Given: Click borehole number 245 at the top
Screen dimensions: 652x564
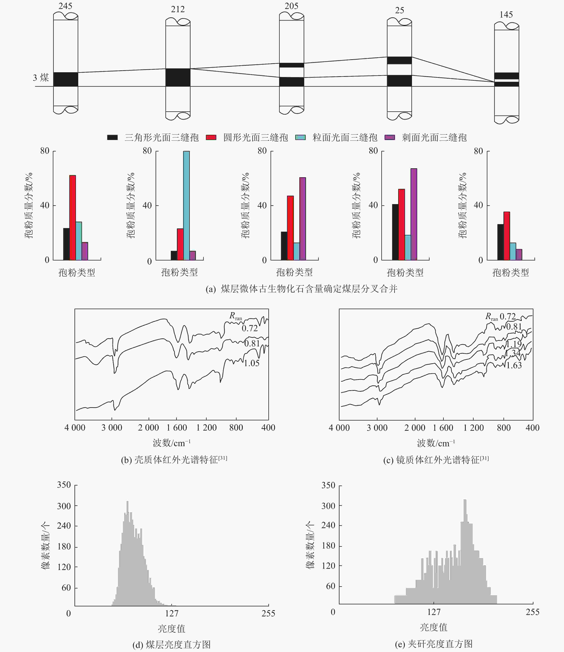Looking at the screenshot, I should [x=66, y=6].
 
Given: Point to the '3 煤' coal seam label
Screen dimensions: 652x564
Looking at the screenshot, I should [x=41, y=78].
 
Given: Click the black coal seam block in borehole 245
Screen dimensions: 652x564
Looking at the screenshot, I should [x=66, y=79].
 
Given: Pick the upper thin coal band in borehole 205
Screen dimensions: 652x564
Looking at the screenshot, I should [x=291, y=65].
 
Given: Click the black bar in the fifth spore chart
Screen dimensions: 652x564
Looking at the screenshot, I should [x=500, y=242].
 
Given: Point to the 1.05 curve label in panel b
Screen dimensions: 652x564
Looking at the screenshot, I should [x=252, y=363].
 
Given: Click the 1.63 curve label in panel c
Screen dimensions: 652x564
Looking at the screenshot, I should [x=514, y=365].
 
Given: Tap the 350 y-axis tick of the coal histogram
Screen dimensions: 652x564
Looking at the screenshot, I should [x=64, y=485].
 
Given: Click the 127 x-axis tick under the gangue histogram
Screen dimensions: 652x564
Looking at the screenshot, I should [x=434, y=612].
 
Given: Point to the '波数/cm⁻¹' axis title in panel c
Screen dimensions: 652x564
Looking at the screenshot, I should [x=436, y=443].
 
